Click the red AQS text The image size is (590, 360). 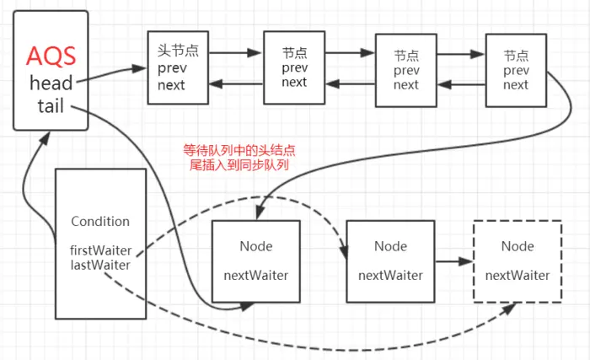click(51, 56)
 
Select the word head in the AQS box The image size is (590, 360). click(51, 83)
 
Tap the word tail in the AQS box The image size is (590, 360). click(51, 106)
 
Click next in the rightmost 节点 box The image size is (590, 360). click(515, 84)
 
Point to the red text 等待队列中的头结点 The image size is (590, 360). click(239, 151)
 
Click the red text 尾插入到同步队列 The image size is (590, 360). click(239, 165)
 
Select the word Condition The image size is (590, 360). click(100, 222)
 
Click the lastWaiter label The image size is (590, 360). click(100, 266)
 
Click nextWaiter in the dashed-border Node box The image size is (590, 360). click(517, 275)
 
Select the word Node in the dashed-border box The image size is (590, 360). click(517, 246)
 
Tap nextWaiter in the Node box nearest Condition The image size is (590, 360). click(255, 275)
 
